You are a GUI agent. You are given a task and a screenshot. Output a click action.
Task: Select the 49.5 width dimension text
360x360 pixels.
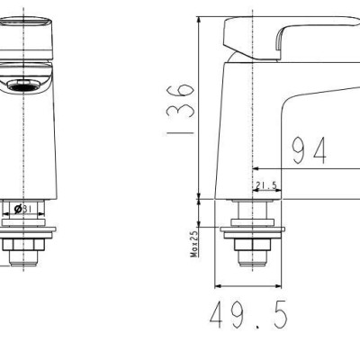tap(247, 316)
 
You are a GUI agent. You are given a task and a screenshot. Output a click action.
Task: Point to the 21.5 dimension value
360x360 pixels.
tap(266, 186)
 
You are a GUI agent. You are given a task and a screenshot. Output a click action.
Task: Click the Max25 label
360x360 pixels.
tap(194, 242)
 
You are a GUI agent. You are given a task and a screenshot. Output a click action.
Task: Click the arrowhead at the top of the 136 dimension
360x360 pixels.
tap(196, 20)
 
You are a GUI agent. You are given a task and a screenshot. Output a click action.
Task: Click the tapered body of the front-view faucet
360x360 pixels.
tap(25, 144)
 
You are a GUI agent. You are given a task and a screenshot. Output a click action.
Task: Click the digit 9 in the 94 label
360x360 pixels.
tap(298, 150)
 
